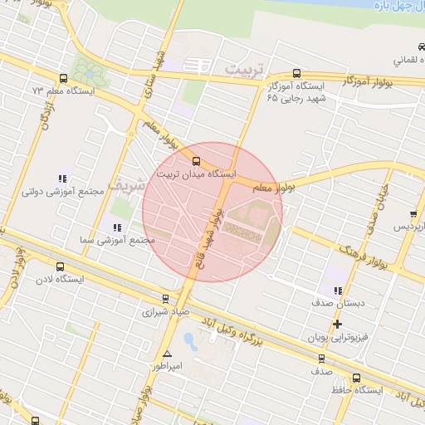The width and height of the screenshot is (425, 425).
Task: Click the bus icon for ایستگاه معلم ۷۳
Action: [x=64, y=78]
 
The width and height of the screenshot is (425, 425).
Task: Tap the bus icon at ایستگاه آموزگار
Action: [x=297, y=73]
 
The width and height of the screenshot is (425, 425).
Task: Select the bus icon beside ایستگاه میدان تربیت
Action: [x=197, y=161]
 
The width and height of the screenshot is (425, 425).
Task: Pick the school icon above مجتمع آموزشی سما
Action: [x=115, y=227]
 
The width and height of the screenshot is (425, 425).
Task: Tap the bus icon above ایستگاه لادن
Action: [x=59, y=266]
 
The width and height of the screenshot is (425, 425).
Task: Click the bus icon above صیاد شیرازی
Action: [x=165, y=299]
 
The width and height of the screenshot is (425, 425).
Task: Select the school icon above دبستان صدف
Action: [x=337, y=291]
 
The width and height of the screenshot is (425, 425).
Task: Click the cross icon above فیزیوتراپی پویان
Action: [x=337, y=324]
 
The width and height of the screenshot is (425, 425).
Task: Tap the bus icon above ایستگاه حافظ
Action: [x=357, y=378]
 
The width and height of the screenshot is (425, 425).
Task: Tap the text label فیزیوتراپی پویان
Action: [x=338, y=339]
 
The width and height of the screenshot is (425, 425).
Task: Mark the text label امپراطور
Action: [x=167, y=365]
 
